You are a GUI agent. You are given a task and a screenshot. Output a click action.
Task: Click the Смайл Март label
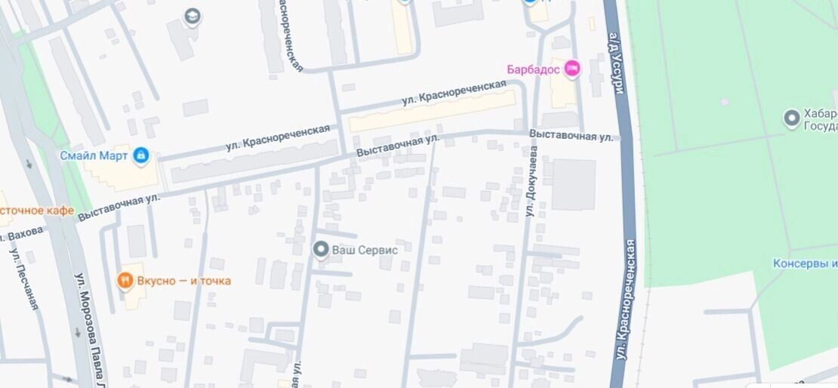pyautogui.click(x=94, y=156)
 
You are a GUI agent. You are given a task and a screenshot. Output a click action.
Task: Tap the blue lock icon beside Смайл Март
pyautogui.click(x=140, y=156)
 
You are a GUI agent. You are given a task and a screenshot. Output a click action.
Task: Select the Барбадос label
pyautogui.click(x=532, y=69)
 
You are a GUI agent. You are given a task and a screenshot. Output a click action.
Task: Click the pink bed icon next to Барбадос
pyautogui.click(x=572, y=69)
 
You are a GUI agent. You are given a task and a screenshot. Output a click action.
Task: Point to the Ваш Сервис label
pyautogui.click(x=365, y=249)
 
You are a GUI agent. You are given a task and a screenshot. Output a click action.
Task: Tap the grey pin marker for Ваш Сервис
pyautogui.click(x=321, y=249)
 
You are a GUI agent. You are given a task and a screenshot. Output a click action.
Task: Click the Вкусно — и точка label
pyautogui.click(x=183, y=281)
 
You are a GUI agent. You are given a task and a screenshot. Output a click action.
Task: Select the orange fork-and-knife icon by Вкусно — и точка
pyautogui.click(x=125, y=281)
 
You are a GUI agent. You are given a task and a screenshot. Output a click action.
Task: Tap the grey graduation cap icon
pyautogui.click(x=193, y=16)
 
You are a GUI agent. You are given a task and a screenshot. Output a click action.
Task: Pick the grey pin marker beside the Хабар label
pyautogui.click(x=791, y=119)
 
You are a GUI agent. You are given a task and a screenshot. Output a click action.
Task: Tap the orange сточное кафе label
pyautogui.click(x=36, y=211)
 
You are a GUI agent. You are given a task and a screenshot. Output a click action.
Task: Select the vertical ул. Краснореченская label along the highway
pyautogui.click(x=625, y=300)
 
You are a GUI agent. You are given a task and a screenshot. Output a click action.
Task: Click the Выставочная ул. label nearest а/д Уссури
pyautogui.click(x=572, y=136)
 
